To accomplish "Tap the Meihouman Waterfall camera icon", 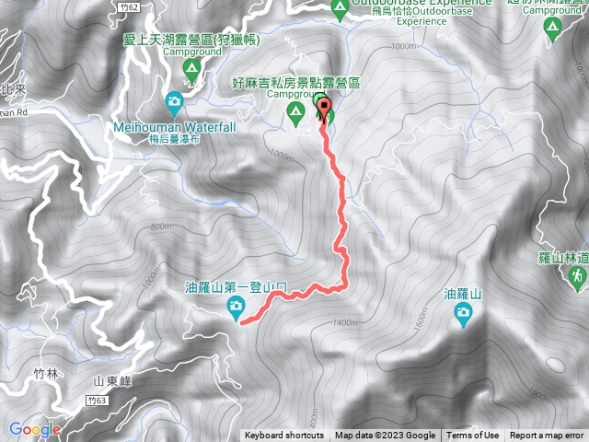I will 174,101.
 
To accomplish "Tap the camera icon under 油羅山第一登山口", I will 237,306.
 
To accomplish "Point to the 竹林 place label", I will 45,373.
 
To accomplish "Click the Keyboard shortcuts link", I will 284,436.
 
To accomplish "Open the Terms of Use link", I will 473,436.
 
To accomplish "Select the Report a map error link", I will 548,436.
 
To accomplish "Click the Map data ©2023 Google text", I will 385,436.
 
